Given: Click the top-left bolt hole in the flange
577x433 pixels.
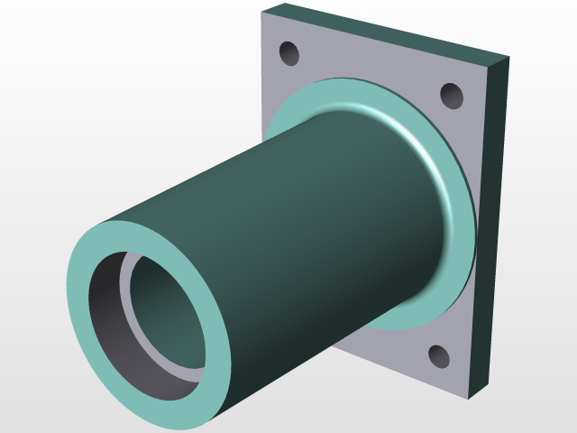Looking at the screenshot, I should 289,54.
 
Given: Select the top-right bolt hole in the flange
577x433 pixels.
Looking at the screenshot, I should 451,95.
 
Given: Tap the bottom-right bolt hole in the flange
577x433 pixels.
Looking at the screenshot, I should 438,358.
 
